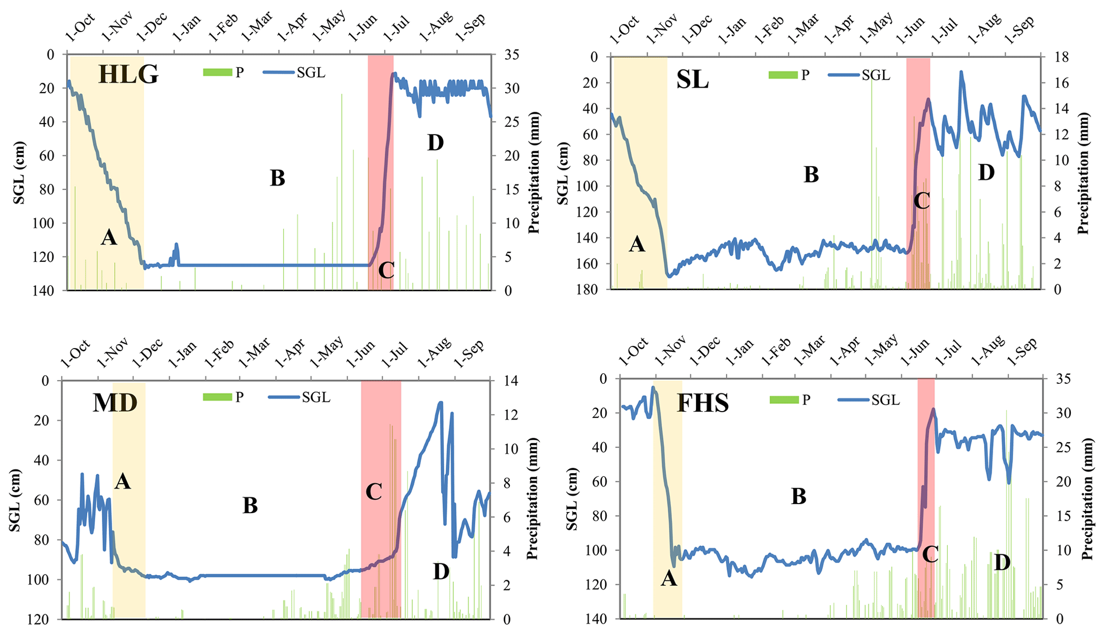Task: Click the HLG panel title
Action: pyautogui.click(x=128, y=75)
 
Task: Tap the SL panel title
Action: pyautogui.click(x=692, y=80)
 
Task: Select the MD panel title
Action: pyautogui.click(x=115, y=403)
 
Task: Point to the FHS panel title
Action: pyautogui.click(x=703, y=403)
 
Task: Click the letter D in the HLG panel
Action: pyautogui.click(x=436, y=143)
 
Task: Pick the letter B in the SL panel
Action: pyautogui.click(x=811, y=175)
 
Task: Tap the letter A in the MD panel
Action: pyautogui.click(x=122, y=482)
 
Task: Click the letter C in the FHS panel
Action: pyautogui.click(x=930, y=554)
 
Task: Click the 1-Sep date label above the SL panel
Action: pyautogui.click(x=1019, y=29)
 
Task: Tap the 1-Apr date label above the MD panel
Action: pyautogui.click(x=290, y=353)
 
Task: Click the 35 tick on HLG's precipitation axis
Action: pyautogui.click(x=505, y=55)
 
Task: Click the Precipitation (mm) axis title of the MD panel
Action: pyautogui.click(x=532, y=498)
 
